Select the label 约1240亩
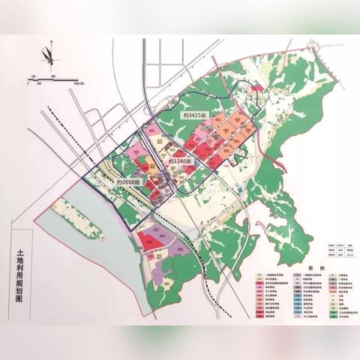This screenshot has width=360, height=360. pos(180,161)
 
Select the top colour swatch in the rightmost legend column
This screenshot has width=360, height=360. pos(331,275)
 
